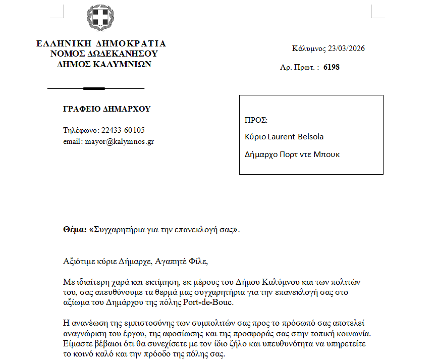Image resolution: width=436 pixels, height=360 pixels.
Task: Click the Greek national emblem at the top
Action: [x=101, y=18]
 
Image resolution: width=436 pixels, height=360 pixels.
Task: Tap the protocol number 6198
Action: [x=332, y=67]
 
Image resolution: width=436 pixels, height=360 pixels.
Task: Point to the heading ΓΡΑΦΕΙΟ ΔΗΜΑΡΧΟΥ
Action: [x=106, y=109]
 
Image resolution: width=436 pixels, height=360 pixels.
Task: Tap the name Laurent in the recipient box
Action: [x=279, y=137]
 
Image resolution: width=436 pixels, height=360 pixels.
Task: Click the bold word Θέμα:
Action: [x=75, y=229]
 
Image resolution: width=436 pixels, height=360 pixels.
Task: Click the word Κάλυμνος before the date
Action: [x=308, y=49]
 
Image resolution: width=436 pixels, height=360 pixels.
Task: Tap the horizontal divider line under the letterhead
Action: [x=96, y=88]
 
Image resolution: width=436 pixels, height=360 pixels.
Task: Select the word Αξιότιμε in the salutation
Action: [x=78, y=262]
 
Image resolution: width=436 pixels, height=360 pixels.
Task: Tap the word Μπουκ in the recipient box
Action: [x=327, y=154]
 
